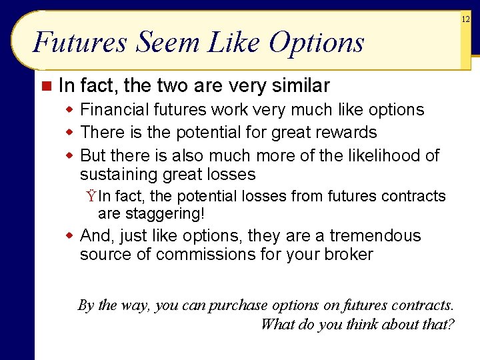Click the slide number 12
point(466,21)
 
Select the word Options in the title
point(317,43)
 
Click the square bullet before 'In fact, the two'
point(45,86)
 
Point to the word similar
point(299,86)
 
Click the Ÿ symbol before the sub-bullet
point(90,197)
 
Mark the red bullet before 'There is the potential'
point(69,133)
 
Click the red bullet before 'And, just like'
point(69,236)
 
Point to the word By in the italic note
point(86,305)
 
